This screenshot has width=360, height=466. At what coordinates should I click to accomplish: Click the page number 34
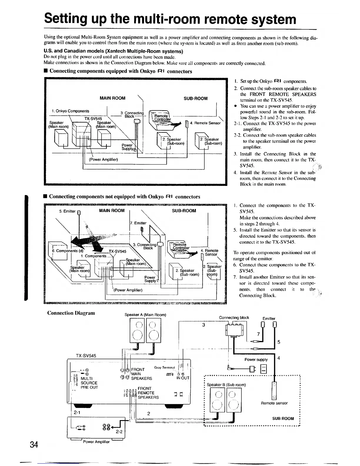point(34,445)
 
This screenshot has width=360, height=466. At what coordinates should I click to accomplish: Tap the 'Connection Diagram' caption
point(71,312)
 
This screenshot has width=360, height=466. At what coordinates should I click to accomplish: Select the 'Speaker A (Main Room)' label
point(145,315)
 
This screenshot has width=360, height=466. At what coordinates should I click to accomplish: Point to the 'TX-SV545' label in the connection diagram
point(86,356)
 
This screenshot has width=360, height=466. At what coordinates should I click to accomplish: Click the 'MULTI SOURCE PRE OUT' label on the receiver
point(89,383)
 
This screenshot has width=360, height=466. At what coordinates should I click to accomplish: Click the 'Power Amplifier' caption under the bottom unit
point(96,442)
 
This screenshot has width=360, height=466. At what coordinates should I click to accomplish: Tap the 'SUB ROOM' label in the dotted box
point(283,418)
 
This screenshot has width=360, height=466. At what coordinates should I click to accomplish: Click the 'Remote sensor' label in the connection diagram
point(274,403)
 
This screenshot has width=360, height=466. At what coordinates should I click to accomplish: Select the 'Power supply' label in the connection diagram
point(256,360)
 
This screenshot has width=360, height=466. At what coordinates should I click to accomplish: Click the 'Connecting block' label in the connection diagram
point(234,317)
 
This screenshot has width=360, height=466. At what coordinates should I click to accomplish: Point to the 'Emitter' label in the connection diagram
point(269,318)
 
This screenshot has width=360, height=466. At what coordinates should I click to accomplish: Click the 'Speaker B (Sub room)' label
point(226,385)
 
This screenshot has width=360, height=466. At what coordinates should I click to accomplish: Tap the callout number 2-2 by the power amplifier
point(119,432)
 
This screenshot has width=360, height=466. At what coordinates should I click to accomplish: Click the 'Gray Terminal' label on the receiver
point(164,367)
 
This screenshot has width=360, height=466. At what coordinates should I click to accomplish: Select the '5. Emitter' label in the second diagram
point(67,211)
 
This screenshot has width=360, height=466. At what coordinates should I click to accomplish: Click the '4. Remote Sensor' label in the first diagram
point(205,123)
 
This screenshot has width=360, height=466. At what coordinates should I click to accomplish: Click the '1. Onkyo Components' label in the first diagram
point(70,111)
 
